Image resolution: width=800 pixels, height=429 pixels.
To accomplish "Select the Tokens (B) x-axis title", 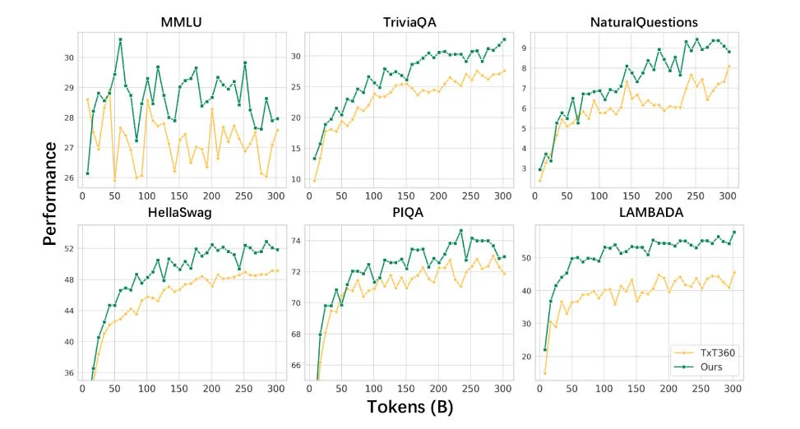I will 400,405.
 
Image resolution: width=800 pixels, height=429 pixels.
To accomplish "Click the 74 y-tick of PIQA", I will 294,241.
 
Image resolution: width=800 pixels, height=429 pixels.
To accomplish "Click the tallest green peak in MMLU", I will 120,39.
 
